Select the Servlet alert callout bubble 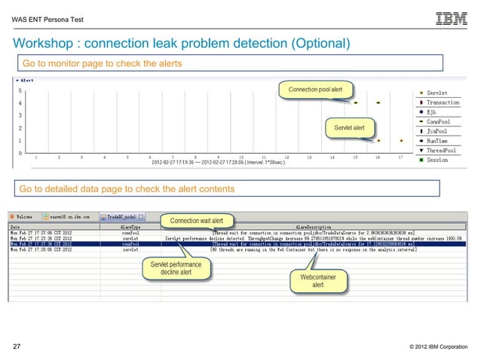[349, 127]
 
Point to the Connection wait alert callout [196, 221]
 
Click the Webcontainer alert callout [317, 281]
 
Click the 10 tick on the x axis [240, 157]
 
